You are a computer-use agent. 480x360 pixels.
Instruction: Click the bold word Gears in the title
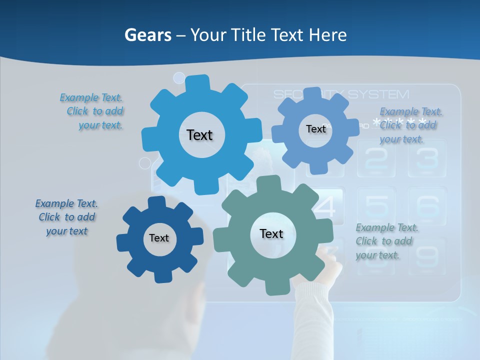148,35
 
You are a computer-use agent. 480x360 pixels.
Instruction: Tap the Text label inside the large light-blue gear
199,135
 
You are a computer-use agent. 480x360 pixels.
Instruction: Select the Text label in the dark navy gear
159,238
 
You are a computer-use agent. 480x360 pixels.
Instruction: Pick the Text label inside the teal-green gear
271,233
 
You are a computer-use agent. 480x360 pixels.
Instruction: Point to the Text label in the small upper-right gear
316,129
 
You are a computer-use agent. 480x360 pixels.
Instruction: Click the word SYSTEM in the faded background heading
378,94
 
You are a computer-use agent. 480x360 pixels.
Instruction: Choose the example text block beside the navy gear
66,217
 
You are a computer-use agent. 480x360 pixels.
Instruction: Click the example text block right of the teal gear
386,241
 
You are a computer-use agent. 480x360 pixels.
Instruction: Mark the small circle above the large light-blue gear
179,78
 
